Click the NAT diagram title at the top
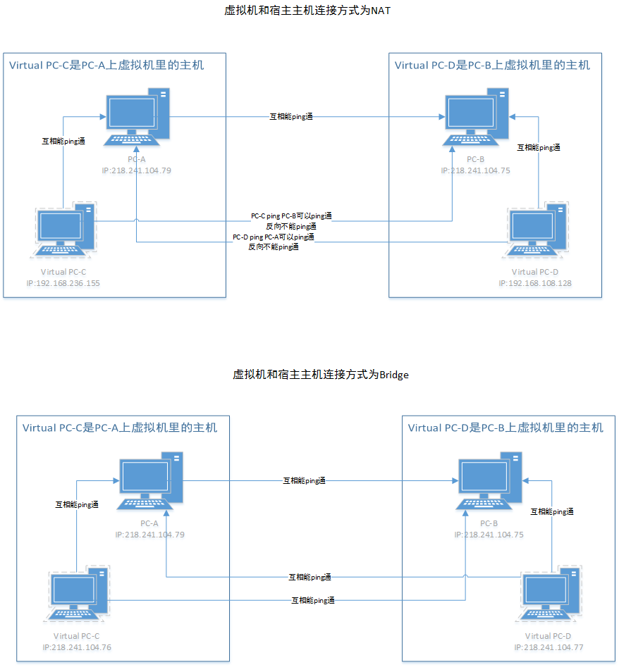click(302, 11)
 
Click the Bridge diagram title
click(320, 375)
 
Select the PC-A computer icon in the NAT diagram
click(137, 117)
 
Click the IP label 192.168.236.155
click(63, 283)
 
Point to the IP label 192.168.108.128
click(535, 283)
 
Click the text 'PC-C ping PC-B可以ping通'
click(291, 216)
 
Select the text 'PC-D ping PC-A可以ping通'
click(274, 237)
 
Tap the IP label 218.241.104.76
click(78, 647)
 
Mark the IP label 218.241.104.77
click(548, 647)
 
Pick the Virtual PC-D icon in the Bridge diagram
click(551, 595)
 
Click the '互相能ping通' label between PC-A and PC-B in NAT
click(291, 117)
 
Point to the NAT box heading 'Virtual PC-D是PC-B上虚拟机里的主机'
click(492, 66)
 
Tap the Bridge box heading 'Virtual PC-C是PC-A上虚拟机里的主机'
click(120, 428)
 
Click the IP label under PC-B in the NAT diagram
click(475, 170)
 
